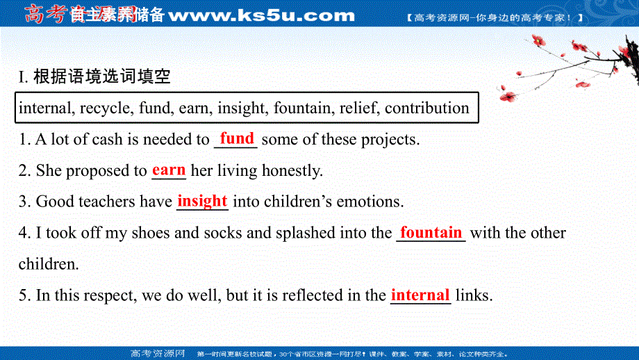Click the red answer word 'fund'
[x=237, y=138]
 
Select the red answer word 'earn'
[x=169, y=170]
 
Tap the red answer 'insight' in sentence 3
[x=202, y=201]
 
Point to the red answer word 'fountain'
[x=431, y=232]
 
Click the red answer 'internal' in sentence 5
[x=420, y=295]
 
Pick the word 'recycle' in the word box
[x=106, y=108]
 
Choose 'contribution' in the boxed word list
[x=427, y=108]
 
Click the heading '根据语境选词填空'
[x=101, y=77]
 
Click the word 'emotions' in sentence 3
[x=372, y=202]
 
